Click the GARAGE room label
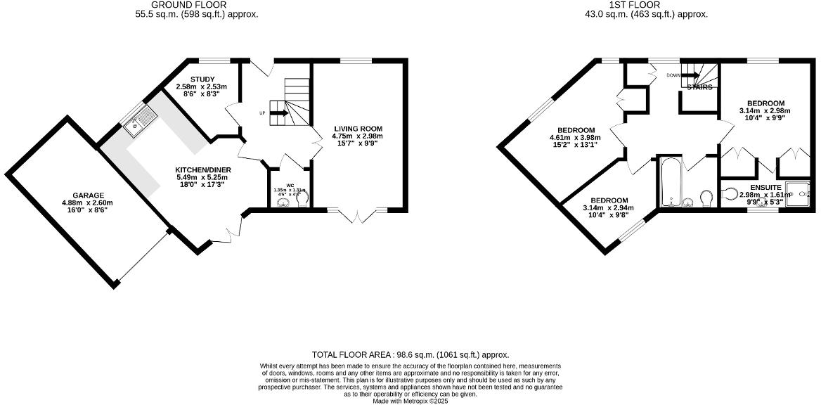(x=89, y=195)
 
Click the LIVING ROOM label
(x=357, y=129)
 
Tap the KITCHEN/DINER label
(x=203, y=169)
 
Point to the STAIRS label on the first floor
(x=699, y=88)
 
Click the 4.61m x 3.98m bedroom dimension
(x=576, y=138)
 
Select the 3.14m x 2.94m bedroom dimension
(x=609, y=207)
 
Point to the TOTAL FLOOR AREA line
(x=410, y=355)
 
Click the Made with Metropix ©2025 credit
(x=410, y=401)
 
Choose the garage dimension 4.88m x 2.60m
(x=89, y=202)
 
